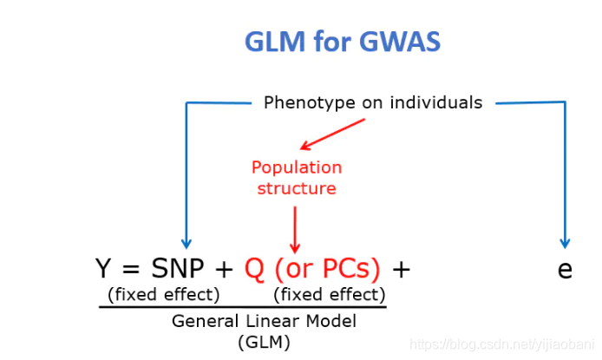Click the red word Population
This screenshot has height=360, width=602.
[x=297, y=167]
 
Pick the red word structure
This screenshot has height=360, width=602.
[x=297, y=187]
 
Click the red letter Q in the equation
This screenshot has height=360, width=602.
[x=254, y=270]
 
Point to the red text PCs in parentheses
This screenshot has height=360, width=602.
[x=345, y=270]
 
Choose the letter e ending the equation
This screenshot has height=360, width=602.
[x=565, y=270]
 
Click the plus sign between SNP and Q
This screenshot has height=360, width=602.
[x=225, y=270]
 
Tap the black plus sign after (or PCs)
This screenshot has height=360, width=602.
[x=401, y=270]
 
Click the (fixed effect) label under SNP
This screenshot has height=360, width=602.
[x=164, y=294]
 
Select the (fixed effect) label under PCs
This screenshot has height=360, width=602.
[x=330, y=294]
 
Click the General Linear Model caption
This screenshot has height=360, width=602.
[x=264, y=320]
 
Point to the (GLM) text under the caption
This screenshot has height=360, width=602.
[x=264, y=341]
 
